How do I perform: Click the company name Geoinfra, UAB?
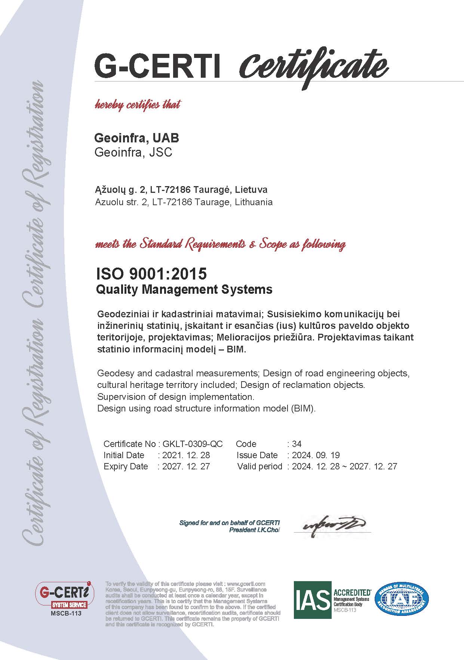tap(136, 138)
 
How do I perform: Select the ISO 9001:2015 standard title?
tap(151, 274)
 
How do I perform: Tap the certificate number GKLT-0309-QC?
tap(193, 444)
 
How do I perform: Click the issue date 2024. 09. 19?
tap(316, 455)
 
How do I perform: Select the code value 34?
tap(296, 444)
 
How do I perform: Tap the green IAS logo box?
tap(312, 600)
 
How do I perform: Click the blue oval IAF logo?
tap(402, 599)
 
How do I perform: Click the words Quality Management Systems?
tap(184, 289)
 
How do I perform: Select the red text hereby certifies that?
tap(138, 105)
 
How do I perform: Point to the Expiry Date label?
tap(126, 466)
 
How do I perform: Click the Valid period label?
tap(259, 466)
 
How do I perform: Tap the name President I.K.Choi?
tap(255, 530)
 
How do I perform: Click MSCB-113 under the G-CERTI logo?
tap(65, 614)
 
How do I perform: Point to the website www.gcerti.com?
tap(246, 584)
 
